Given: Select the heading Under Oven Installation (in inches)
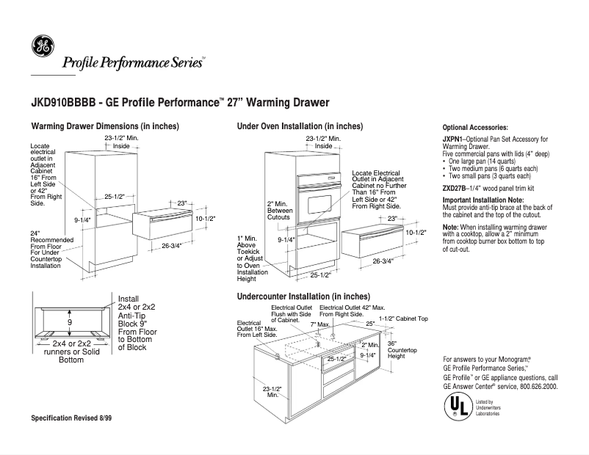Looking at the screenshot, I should tap(300, 126).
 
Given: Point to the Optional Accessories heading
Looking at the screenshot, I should tap(475, 128).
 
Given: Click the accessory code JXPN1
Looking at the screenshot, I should tap(452, 139).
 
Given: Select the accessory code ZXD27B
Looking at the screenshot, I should tap(455, 189).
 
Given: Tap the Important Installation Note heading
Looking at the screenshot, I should tap(483, 200).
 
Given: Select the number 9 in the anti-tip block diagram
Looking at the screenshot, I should tap(70, 322).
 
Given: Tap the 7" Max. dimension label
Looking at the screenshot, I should tap(321, 324).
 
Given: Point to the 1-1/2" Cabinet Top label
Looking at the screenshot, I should tap(403, 319).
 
